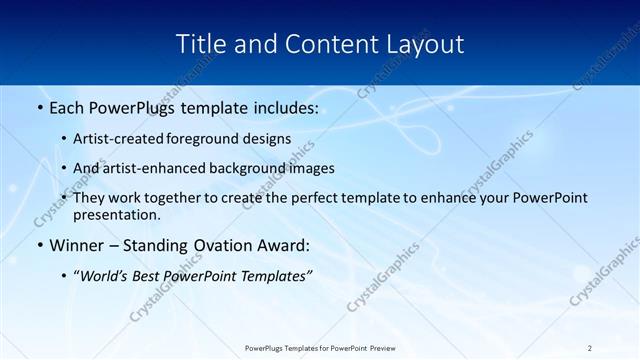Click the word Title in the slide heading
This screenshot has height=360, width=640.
200,44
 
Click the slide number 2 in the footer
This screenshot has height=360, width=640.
590,347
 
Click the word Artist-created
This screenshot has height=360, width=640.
118,139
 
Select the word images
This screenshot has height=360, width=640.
311,168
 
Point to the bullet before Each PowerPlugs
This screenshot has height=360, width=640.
39,106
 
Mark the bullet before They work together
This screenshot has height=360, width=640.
64,198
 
